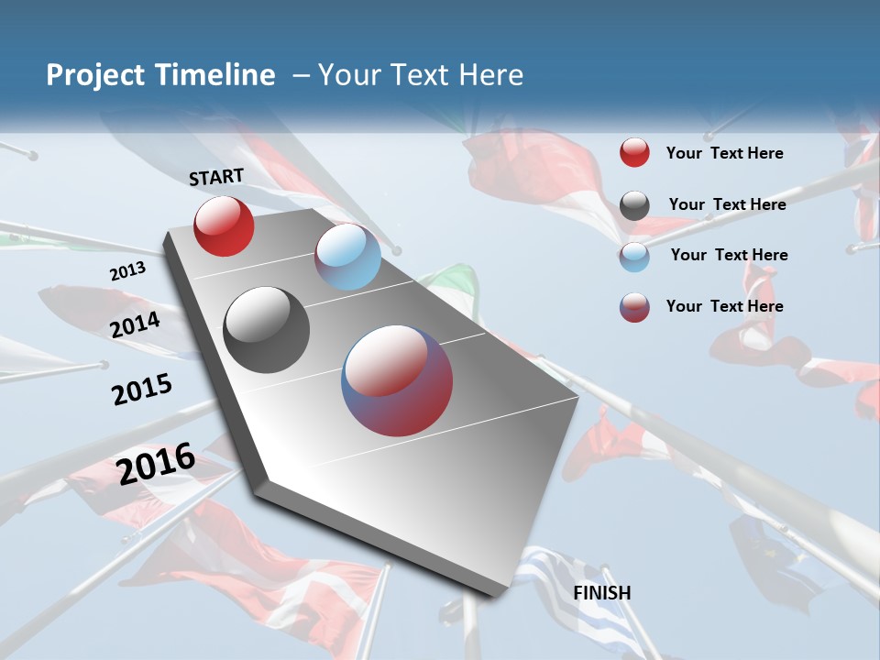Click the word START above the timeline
pyautogui.click(x=216, y=177)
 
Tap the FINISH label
pyautogui.click(x=602, y=593)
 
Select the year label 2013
pyautogui.click(x=127, y=271)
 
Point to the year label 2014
pyautogui.click(x=136, y=324)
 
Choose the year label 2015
pyautogui.click(x=142, y=389)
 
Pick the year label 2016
pyautogui.click(x=156, y=463)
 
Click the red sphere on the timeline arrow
pyautogui.click(x=224, y=226)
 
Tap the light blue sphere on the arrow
pyautogui.click(x=347, y=257)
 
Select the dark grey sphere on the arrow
pyautogui.click(x=267, y=330)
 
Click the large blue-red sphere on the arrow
pyautogui.click(x=397, y=380)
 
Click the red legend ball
pyautogui.click(x=634, y=153)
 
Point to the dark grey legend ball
pyautogui.click(x=634, y=205)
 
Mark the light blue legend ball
pyautogui.click(x=634, y=256)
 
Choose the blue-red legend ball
pyautogui.click(x=634, y=307)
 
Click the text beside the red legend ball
pyautogui.click(x=724, y=153)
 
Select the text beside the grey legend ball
pyautogui.click(x=727, y=204)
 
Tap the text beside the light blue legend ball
pyautogui.click(x=729, y=255)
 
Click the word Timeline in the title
pyautogui.click(x=216, y=75)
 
